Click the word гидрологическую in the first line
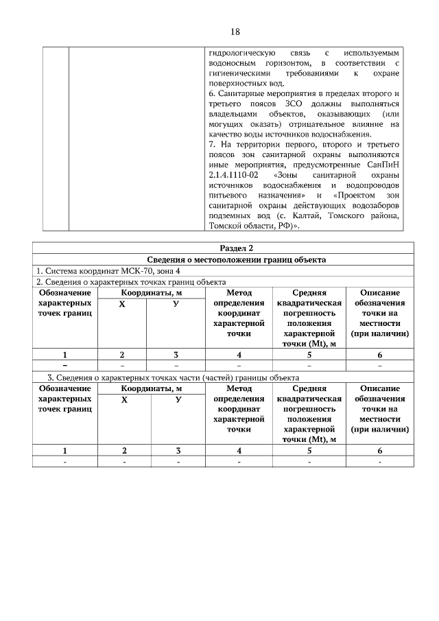(241, 52)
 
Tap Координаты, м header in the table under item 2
(150, 293)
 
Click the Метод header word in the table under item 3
(239, 388)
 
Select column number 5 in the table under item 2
(309, 355)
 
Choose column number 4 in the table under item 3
(239, 451)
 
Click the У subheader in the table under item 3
(177, 399)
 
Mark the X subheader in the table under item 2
(122, 303)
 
